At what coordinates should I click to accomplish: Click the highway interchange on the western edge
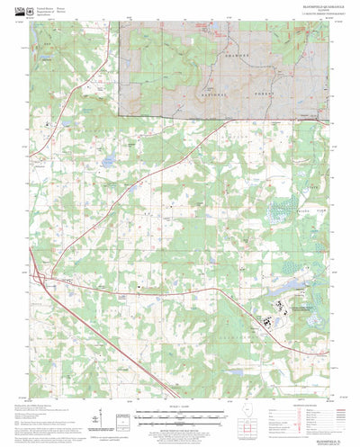click(x=37, y=275)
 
